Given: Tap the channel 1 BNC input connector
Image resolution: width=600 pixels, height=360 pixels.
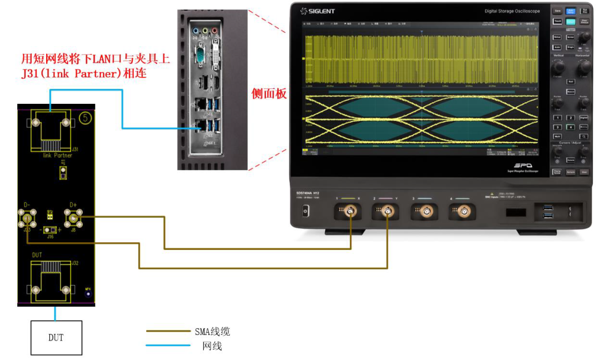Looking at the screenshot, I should tap(351, 211).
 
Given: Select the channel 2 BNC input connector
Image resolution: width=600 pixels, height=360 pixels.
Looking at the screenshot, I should tap(387, 211).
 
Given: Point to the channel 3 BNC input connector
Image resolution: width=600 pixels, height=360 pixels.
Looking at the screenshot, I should tap(426, 211).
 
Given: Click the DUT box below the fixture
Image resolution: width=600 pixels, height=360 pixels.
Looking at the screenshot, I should tap(56, 337).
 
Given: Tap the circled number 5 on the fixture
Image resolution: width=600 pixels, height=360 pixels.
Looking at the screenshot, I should tap(85, 118).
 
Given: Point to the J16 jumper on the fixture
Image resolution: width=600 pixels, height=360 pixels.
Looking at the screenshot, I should tap(50, 230).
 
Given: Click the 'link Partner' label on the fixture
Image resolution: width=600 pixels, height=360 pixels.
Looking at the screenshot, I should tap(57, 156).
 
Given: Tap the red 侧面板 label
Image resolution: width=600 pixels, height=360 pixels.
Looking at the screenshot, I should tap(269, 94).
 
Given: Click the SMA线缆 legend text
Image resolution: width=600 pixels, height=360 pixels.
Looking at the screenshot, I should tap(212, 332).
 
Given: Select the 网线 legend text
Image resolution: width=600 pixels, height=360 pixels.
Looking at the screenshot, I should tap(212, 347).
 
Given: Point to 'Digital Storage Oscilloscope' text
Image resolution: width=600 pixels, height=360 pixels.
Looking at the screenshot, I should tap(512, 11).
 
